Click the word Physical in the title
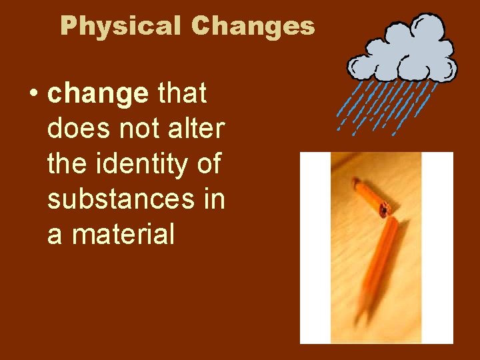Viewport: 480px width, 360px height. [x=120, y=26]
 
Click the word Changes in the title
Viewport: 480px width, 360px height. [x=253, y=26]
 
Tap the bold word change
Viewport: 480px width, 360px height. [x=98, y=95]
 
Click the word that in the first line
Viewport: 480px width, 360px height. [x=181, y=95]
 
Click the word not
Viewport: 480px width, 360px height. [x=138, y=129]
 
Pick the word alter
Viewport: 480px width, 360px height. [x=195, y=129]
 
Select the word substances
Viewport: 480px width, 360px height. [x=119, y=199]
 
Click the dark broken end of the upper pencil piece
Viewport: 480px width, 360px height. [x=385, y=210]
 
